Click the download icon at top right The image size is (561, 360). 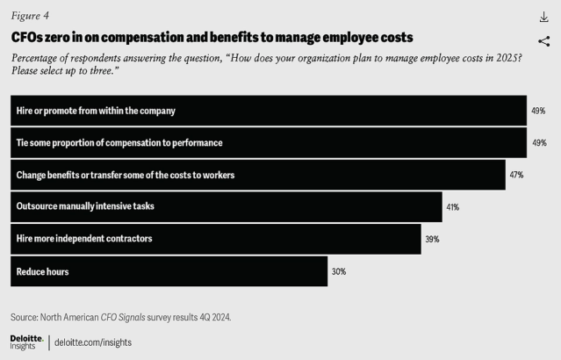pyautogui.click(x=543, y=18)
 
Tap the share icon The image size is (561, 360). pyautogui.click(x=543, y=40)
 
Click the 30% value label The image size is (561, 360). pyautogui.click(x=339, y=271)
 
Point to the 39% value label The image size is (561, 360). pyautogui.click(x=432, y=239)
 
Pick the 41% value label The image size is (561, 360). pyautogui.click(x=453, y=207)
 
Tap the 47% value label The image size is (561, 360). pyautogui.click(x=516, y=175)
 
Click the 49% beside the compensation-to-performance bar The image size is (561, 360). pyautogui.click(x=538, y=142)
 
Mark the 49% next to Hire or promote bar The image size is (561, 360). pyautogui.click(x=538, y=111)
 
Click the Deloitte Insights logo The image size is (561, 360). pyautogui.click(x=26, y=342)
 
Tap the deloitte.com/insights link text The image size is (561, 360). pyautogui.click(x=93, y=342)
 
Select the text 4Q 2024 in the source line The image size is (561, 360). pyautogui.click(x=212, y=316)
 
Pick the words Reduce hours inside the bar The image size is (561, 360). pyautogui.click(x=42, y=271)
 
